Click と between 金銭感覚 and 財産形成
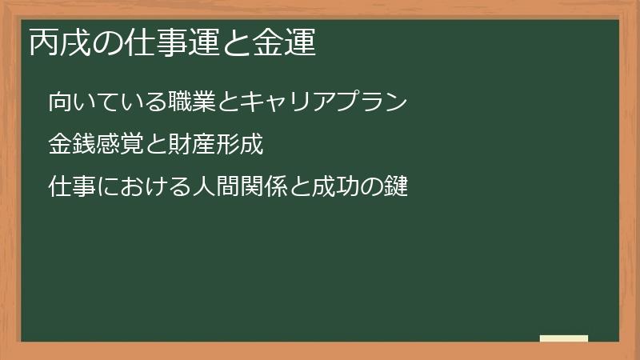[156, 146]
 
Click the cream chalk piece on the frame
[564, 338]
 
